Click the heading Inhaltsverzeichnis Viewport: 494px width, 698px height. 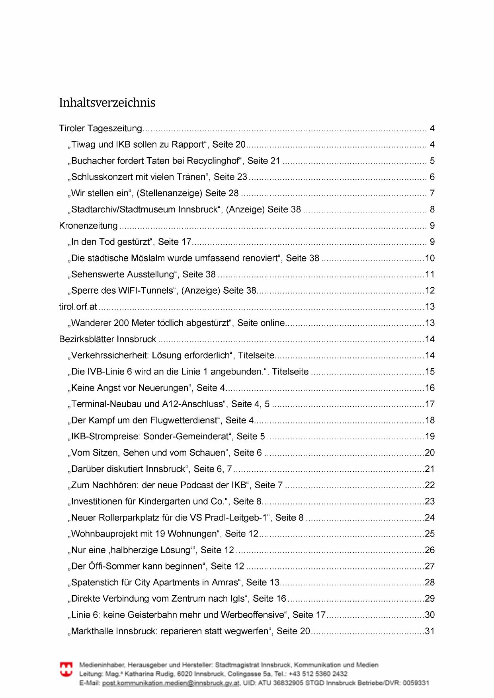coord(107,103)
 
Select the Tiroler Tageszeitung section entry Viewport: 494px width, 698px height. coord(100,129)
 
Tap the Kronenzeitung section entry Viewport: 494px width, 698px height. coord(88,226)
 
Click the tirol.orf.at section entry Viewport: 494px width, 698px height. coord(78,307)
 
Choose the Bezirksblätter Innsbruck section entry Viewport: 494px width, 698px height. coord(107,339)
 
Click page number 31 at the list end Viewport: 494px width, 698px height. coord(430,631)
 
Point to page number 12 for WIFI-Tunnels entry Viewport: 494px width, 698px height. coord(430,291)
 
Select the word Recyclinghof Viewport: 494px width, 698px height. coord(215,161)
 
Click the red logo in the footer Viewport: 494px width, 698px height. coord(66,669)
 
